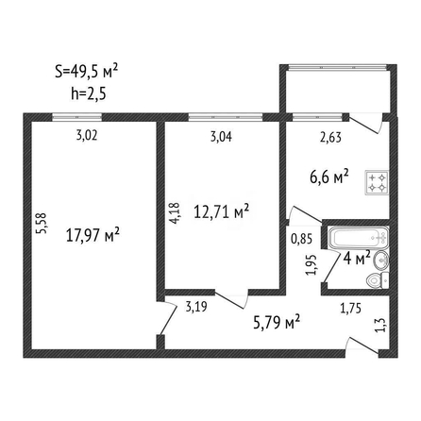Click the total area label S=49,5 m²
(x=87, y=71)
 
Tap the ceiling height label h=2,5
(x=89, y=93)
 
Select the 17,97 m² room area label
(x=93, y=235)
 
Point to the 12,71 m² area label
(x=222, y=211)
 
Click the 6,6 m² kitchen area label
(x=329, y=177)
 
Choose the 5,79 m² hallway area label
(x=277, y=322)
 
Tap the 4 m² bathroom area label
(x=357, y=259)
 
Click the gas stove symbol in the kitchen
(x=377, y=182)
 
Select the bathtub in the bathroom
(x=359, y=239)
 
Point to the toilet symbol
(x=378, y=279)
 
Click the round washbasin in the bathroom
(x=381, y=261)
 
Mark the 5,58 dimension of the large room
(x=42, y=224)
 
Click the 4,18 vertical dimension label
(x=175, y=213)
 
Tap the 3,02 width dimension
(x=87, y=136)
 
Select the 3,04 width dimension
(x=221, y=137)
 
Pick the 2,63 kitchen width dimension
(x=330, y=138)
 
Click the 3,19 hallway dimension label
(x=196, y=306)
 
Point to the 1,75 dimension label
(x=351, y=309)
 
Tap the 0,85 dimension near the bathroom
(x=302, y=239)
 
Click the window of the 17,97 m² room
(x=77, y=117)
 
